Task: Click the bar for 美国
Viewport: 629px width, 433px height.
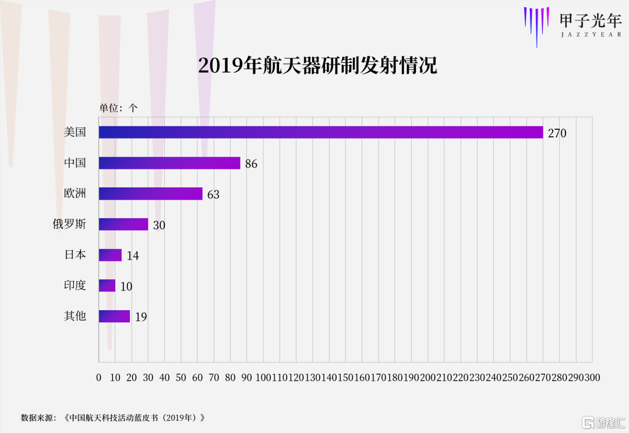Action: (320, 132)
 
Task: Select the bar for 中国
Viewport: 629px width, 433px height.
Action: (169, 163)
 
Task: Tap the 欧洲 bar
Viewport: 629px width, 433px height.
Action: (150, 194)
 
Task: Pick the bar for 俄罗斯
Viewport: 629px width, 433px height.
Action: (123, 224)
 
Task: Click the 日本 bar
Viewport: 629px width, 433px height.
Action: (110, 255)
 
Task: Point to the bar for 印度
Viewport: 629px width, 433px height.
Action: (107, 286)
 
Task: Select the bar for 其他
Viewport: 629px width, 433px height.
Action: (114, 316)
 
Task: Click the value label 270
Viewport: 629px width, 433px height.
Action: (557, 133)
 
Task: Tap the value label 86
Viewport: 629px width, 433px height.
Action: (251, 164)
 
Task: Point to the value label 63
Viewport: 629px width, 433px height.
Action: (213, 194)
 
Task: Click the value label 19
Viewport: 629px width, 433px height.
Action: (140, 317)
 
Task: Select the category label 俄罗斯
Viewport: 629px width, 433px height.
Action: (69, 224)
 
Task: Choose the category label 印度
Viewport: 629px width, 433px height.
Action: (75, 285)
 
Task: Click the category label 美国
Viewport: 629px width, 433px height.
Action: (75, 132)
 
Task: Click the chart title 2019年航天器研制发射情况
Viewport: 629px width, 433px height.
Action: (317, 66)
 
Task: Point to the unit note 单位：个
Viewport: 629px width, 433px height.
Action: (118, 108)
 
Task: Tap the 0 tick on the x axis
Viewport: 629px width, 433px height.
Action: (99, 378)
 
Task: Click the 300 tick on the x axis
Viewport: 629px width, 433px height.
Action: (592, 378)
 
